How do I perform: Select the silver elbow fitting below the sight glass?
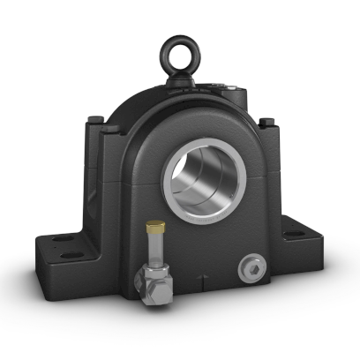147,281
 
